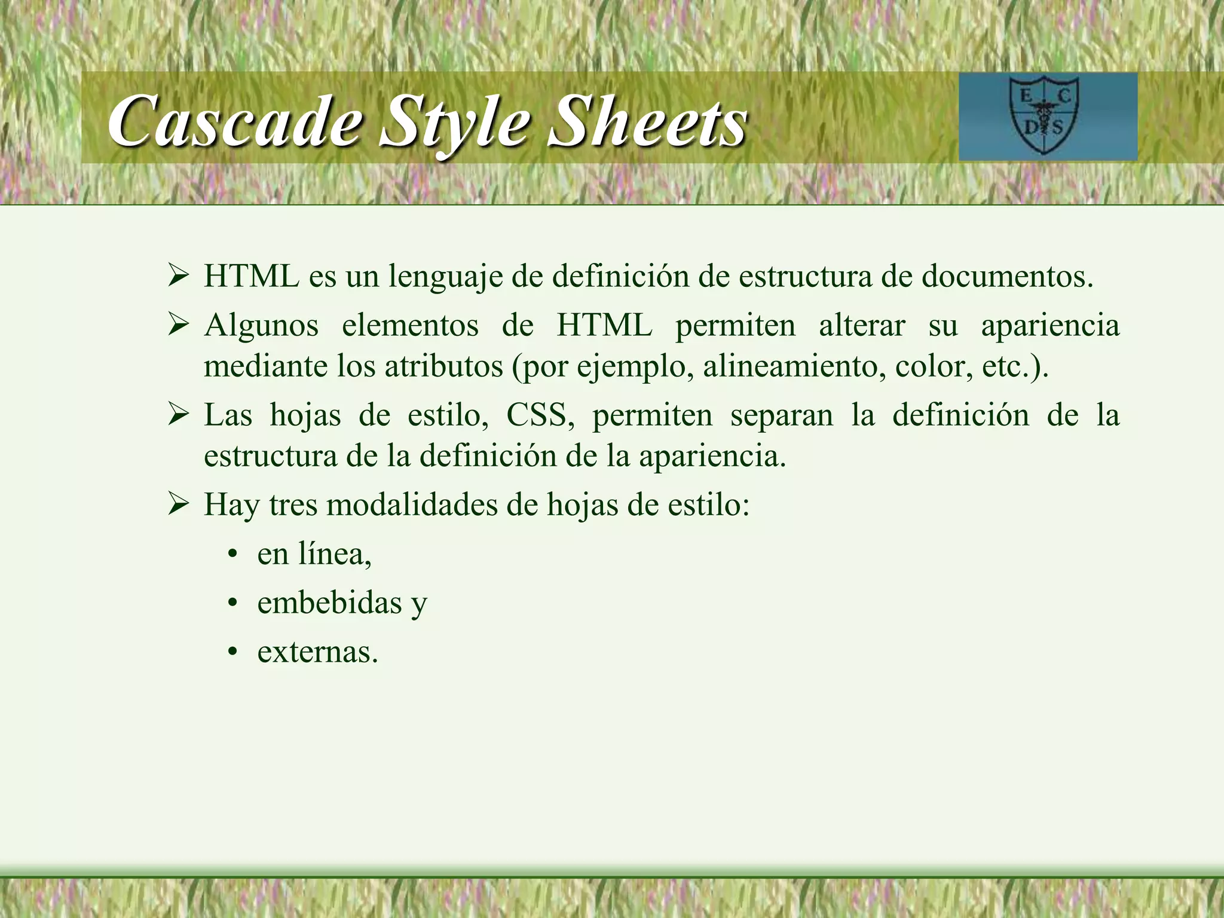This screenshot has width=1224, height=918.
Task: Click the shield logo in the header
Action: coord(1045,115)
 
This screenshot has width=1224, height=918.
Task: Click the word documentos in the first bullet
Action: coord(1006,276)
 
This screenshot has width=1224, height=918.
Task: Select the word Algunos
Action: coord(261,326)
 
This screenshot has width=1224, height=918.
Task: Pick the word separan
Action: coord(781,415)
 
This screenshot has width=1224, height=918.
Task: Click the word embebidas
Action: coord(329,602)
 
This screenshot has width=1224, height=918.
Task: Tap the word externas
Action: coord(317,651)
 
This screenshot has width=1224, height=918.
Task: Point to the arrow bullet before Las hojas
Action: coord(178,414)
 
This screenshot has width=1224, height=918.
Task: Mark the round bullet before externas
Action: coord(233,651)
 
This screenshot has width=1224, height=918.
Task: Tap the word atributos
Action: coord(443,366)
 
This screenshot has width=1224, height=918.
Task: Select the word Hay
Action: coord(231,506)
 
